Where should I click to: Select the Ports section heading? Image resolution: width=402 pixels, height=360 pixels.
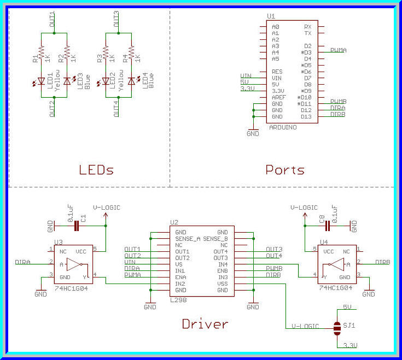pos(285,169)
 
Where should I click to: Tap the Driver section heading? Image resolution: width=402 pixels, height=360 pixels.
pos(205,324)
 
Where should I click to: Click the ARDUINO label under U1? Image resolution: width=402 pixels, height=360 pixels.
pos(283,127)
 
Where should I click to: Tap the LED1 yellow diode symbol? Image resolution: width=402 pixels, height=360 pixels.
pos(42,81)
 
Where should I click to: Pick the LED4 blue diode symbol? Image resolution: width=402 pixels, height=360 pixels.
pos(131,81)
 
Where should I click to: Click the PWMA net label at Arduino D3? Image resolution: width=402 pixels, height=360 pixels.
pos(338,50)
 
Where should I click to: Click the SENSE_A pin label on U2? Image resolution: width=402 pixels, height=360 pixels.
pos(187,239)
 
